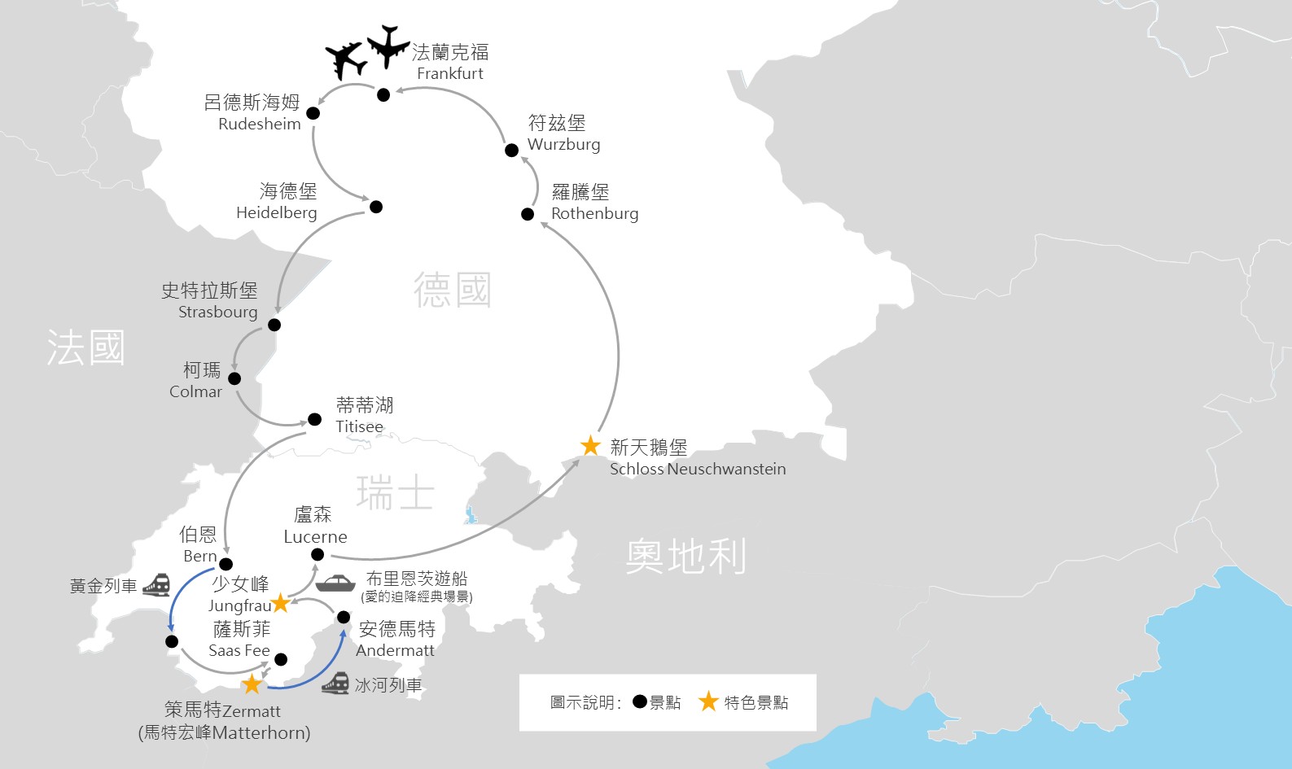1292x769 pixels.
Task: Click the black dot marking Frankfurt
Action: (x=383, y=95)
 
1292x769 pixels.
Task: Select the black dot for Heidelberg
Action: (x=376, y=207)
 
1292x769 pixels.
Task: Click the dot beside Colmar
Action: (x=234, y=378)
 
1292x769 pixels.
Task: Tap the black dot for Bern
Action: (x=226, y=564)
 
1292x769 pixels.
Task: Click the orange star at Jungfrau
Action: (x=280, y=603)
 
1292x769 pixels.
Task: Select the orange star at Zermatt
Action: (x=252, y=684)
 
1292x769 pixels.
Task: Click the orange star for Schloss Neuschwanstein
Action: (x=590, y=446)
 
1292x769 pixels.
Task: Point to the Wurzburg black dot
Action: (x=511, y=151)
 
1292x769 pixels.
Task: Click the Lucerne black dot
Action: (x=318, y=555)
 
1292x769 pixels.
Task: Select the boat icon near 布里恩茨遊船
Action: (x=335, y=583)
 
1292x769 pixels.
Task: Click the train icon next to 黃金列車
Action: (x=156, y=585)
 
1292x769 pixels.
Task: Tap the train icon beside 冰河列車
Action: (x=335, y=684)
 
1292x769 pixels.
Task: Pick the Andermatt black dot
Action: (x=344, y=618)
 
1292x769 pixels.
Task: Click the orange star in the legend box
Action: (x=708, y=701)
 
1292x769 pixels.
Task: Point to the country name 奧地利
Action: (x=685, y=557)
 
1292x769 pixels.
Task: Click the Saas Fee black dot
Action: (x=281, y=659)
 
